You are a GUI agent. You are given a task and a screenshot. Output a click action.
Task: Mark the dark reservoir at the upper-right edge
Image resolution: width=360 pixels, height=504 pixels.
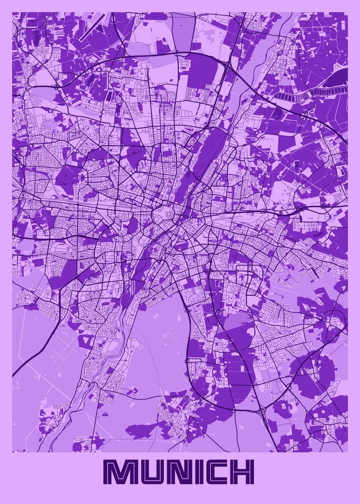click(336, 78)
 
